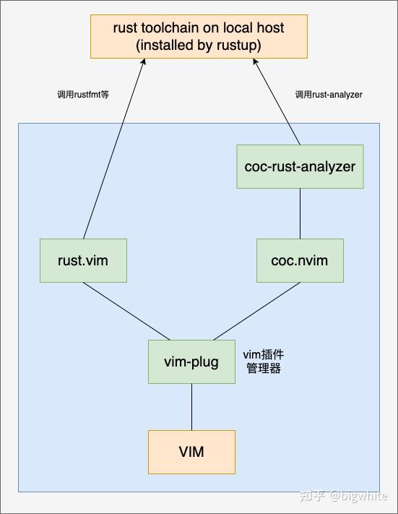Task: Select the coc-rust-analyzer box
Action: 300,166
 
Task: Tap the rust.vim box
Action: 83,260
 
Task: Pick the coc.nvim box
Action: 300,260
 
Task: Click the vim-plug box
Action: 191,361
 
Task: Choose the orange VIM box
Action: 191,452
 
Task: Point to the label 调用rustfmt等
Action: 83,95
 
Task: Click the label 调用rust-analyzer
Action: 329,95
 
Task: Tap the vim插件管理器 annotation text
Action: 263,361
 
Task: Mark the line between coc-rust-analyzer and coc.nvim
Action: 300,213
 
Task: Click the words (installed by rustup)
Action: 199,44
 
